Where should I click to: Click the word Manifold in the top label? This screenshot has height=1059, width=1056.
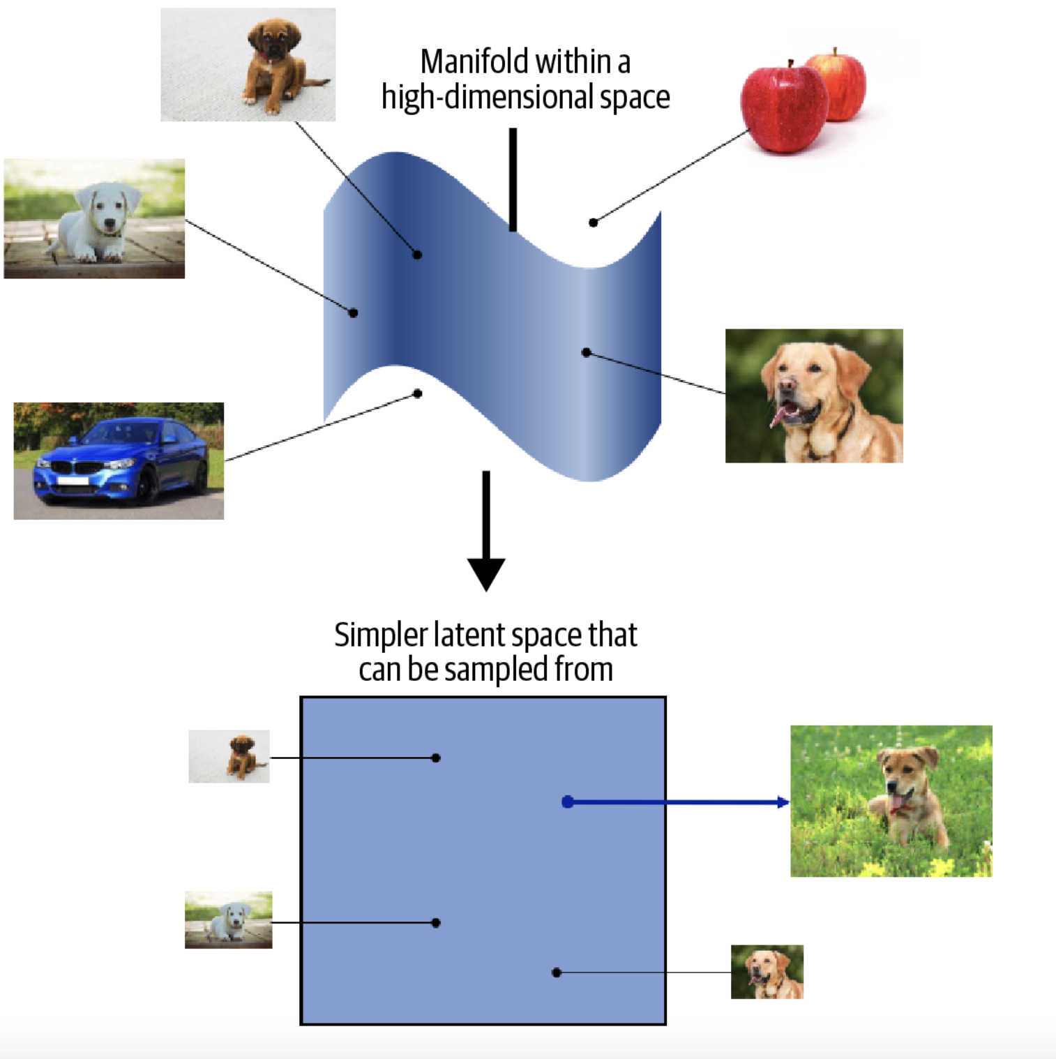pos(475,62)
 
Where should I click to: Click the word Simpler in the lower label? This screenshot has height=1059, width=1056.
pos(380,635)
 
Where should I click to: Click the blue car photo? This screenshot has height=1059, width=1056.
pos(119,460)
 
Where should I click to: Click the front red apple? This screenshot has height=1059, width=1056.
pos(784,108)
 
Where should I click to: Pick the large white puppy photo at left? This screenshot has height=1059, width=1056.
pos(94,218)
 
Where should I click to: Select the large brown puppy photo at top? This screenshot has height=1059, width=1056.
pos(248,64)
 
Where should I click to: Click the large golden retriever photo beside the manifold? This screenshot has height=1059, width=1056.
pos(814,396)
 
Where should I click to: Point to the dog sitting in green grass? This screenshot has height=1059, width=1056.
pos(907,795)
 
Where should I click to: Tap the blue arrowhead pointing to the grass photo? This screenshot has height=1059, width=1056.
pos(783,802)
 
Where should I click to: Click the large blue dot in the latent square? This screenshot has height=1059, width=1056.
pos(568,802)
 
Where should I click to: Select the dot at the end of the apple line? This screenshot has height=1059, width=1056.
pos(593,223)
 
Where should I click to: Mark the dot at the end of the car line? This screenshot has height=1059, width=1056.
pos(418,393)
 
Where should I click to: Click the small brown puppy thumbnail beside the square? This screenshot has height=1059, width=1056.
pos(229,756)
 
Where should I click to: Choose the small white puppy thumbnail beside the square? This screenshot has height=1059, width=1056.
pos(228,919)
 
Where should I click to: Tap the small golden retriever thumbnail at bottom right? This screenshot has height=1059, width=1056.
pos(767,972)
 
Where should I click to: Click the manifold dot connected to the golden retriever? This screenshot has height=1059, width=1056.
pos(586,352)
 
